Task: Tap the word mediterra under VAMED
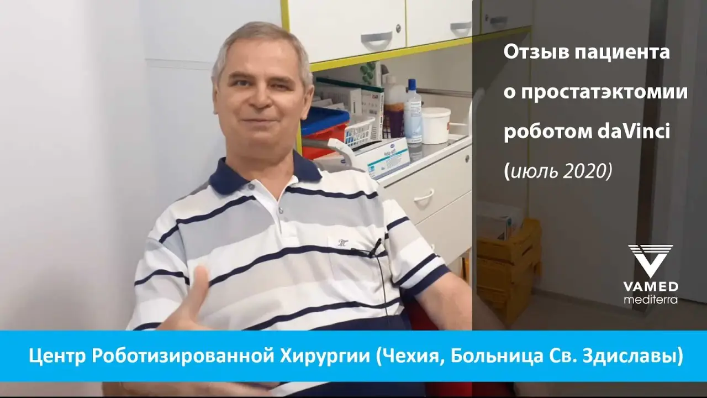pos(650,300)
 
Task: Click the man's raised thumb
pos(199,282)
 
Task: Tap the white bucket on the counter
pos(436,125)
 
